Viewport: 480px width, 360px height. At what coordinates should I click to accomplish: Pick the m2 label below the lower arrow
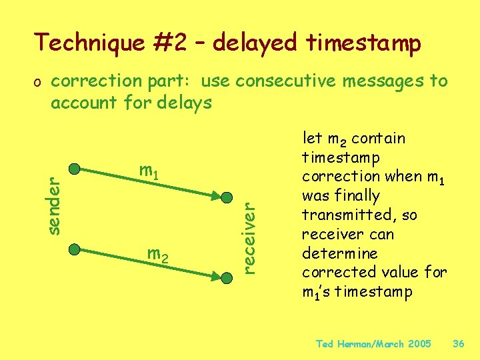tap(157, 254)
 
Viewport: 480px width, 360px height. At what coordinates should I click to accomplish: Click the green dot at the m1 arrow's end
tap(227, 198)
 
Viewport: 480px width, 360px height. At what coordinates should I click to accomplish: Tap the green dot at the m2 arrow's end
tap(227, 275)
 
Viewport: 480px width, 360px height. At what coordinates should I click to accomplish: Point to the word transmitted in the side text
tap(341, 215)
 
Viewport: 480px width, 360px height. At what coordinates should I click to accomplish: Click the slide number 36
tap(458, 344)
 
